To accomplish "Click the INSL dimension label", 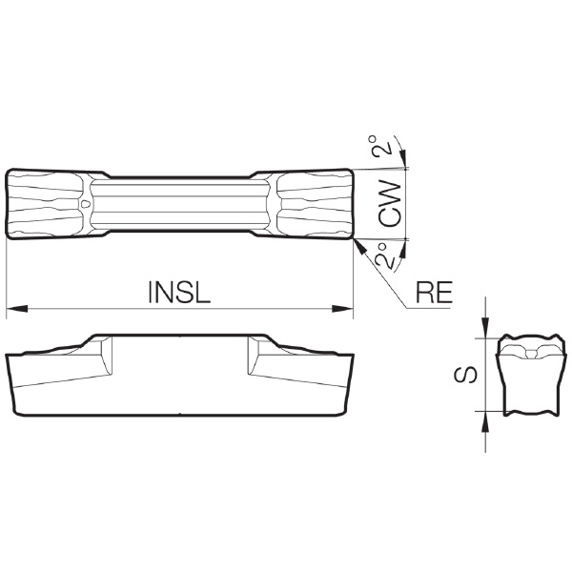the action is [x=179, y=292].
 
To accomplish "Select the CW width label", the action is [x=390, y=203].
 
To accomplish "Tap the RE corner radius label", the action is [x=435, y=293].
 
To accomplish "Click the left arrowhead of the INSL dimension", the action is [x=17, y=309].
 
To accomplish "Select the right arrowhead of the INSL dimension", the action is [x=342, y=309].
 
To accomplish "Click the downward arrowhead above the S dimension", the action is [x=485, y=328].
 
